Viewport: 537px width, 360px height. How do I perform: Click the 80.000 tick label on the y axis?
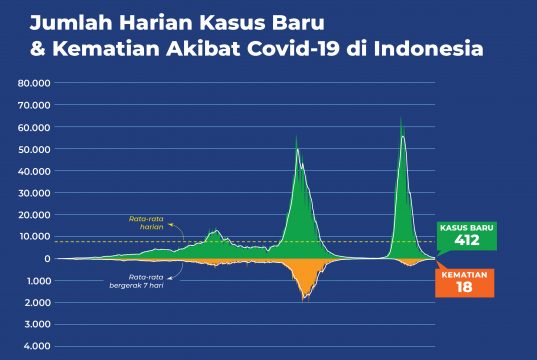coord(34,83)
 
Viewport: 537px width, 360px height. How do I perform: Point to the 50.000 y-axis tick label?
coord(34,149)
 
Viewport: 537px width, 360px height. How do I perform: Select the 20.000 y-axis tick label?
coord(34,215)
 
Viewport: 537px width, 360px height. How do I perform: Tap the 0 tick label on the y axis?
coord(47,259)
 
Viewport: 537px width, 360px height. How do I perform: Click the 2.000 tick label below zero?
coord(37,303)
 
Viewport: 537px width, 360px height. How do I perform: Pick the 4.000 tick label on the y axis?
coord(37,346)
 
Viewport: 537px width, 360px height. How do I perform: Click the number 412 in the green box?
coord(467,240)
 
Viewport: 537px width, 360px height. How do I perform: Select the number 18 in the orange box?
coord(464,287)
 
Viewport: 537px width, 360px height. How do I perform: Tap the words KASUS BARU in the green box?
coord(467,228)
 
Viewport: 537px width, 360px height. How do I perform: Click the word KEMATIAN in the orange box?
coord(464,275)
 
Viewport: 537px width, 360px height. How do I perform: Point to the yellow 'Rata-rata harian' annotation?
coord(146,223)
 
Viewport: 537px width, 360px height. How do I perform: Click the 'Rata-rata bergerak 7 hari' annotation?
coord(136,281)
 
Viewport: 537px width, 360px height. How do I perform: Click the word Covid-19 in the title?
coord(293,49)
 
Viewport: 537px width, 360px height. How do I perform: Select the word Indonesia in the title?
coord(428,49)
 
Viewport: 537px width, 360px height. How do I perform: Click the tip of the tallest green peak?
coord(401,117)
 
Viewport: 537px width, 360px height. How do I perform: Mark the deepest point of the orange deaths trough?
coord(303,301)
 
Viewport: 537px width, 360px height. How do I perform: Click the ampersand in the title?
coord(38,49)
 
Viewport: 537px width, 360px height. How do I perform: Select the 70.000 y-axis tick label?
coord(34,105)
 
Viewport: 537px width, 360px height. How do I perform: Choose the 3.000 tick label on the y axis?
coord(37,324)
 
